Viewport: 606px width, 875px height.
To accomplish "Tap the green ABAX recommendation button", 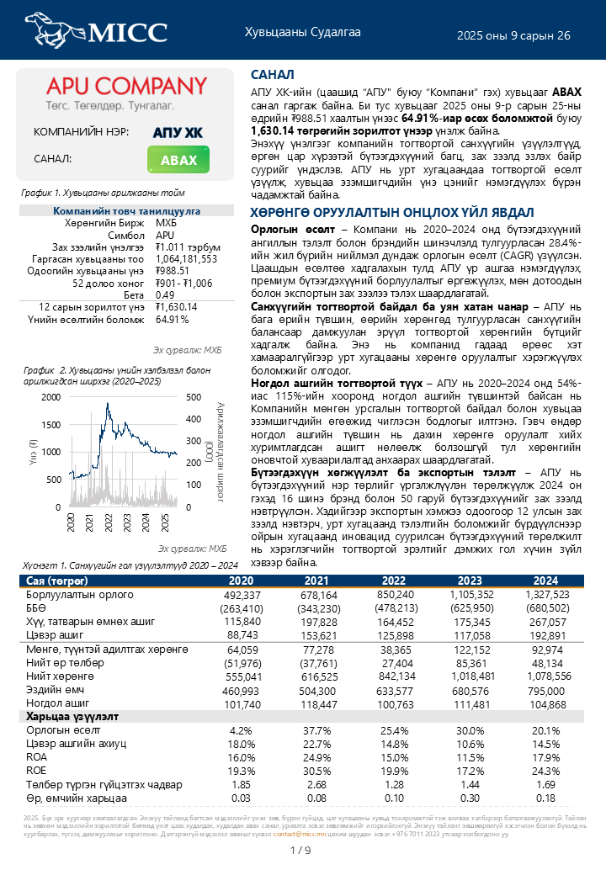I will [x=178, y=160].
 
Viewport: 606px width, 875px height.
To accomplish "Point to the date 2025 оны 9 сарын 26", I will [x=513, y=35].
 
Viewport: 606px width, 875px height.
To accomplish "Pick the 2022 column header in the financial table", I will [x=394, y=581].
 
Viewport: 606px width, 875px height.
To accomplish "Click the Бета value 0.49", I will [x=164, y=295].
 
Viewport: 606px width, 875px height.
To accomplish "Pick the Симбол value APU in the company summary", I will [x=165, y=236].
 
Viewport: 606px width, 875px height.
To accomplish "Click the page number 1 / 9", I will [x=300, y=851].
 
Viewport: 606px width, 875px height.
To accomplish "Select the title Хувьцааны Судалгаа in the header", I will [x=302, y=33].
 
